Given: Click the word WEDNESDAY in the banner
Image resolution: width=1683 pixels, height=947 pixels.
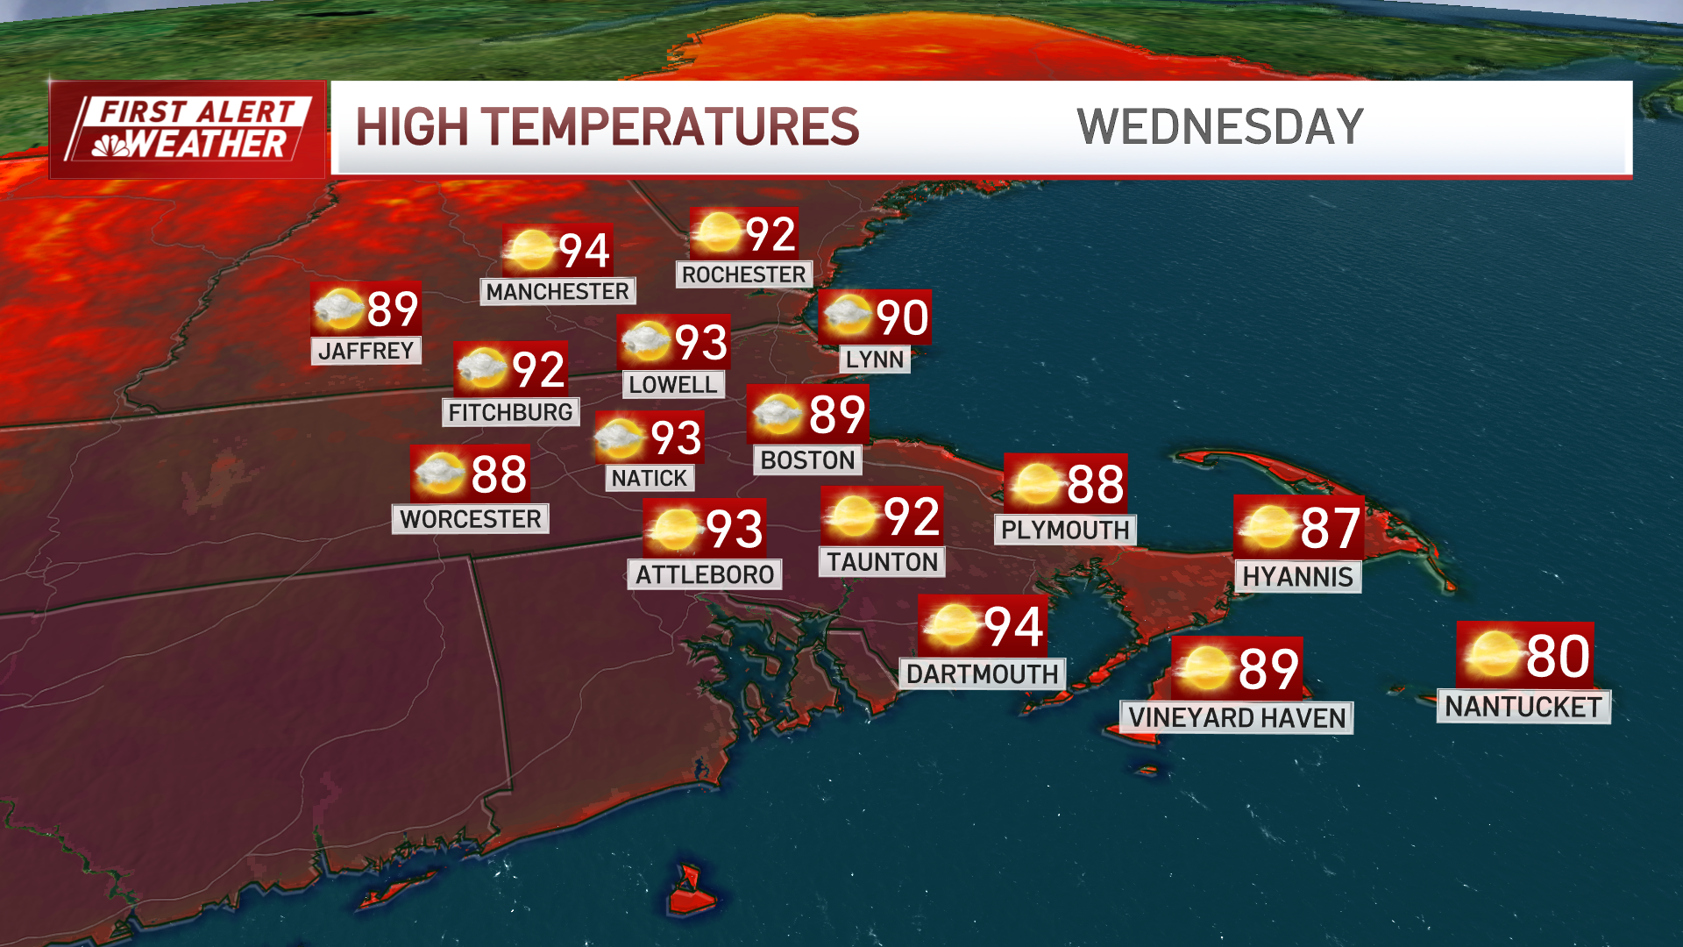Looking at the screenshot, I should tap(1219, 127).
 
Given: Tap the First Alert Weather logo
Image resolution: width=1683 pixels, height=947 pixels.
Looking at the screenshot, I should tap(187, 130).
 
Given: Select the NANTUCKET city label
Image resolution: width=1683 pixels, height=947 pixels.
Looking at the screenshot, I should tap(1523, 707).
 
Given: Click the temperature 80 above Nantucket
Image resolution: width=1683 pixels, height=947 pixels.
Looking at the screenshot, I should tap(1558, 656).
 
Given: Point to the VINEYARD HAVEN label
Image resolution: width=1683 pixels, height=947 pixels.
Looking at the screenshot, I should tap(1236, 718).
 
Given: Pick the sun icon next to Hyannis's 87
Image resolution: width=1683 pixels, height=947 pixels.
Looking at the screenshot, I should tap(1267, 527).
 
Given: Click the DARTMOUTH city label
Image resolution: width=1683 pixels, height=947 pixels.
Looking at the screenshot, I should tap(982, 674).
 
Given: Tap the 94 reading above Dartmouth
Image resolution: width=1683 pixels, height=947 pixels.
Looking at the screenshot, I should tap(1013, 627).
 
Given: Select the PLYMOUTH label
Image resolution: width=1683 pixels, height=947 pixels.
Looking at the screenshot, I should tap(1065, 530).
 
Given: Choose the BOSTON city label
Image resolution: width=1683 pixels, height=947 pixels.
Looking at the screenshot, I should tap(807, 460).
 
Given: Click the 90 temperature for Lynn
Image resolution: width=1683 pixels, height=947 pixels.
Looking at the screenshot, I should tap(902, 317).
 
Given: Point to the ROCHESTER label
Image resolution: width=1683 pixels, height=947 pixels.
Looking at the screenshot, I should tap(743, 275).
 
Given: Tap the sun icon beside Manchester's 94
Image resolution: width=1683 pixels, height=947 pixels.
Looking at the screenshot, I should tap(530, 251).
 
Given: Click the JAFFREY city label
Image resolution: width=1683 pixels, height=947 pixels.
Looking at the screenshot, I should tap(366, 351).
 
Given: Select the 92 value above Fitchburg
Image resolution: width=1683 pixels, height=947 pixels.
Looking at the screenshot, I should tap(538, 369).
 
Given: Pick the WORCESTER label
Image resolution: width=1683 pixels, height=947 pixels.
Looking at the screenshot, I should tap(470, 519).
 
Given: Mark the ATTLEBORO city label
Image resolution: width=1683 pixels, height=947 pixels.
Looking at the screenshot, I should tap(705, 575).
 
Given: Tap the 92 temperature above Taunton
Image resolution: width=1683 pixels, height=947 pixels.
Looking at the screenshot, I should tap(912, 516).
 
